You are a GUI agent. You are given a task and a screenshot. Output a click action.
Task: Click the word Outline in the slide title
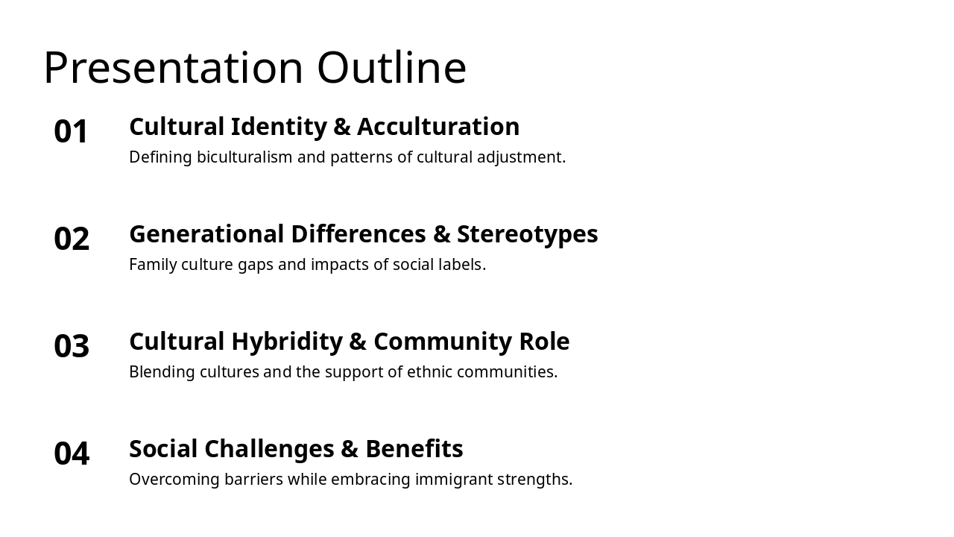391,68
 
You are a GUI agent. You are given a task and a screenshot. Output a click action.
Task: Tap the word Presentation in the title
174,68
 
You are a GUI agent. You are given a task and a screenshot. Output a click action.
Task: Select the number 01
72,131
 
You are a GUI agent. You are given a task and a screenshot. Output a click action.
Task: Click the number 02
72,239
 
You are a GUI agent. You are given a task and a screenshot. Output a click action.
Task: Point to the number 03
72,346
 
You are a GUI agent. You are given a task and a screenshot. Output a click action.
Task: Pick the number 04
72,453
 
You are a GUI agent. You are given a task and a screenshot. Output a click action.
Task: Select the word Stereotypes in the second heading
527,234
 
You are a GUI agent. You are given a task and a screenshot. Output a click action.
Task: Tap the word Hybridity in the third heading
287,342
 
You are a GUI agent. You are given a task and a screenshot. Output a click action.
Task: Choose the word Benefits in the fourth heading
414,449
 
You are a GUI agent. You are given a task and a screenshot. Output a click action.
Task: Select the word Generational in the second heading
206,234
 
